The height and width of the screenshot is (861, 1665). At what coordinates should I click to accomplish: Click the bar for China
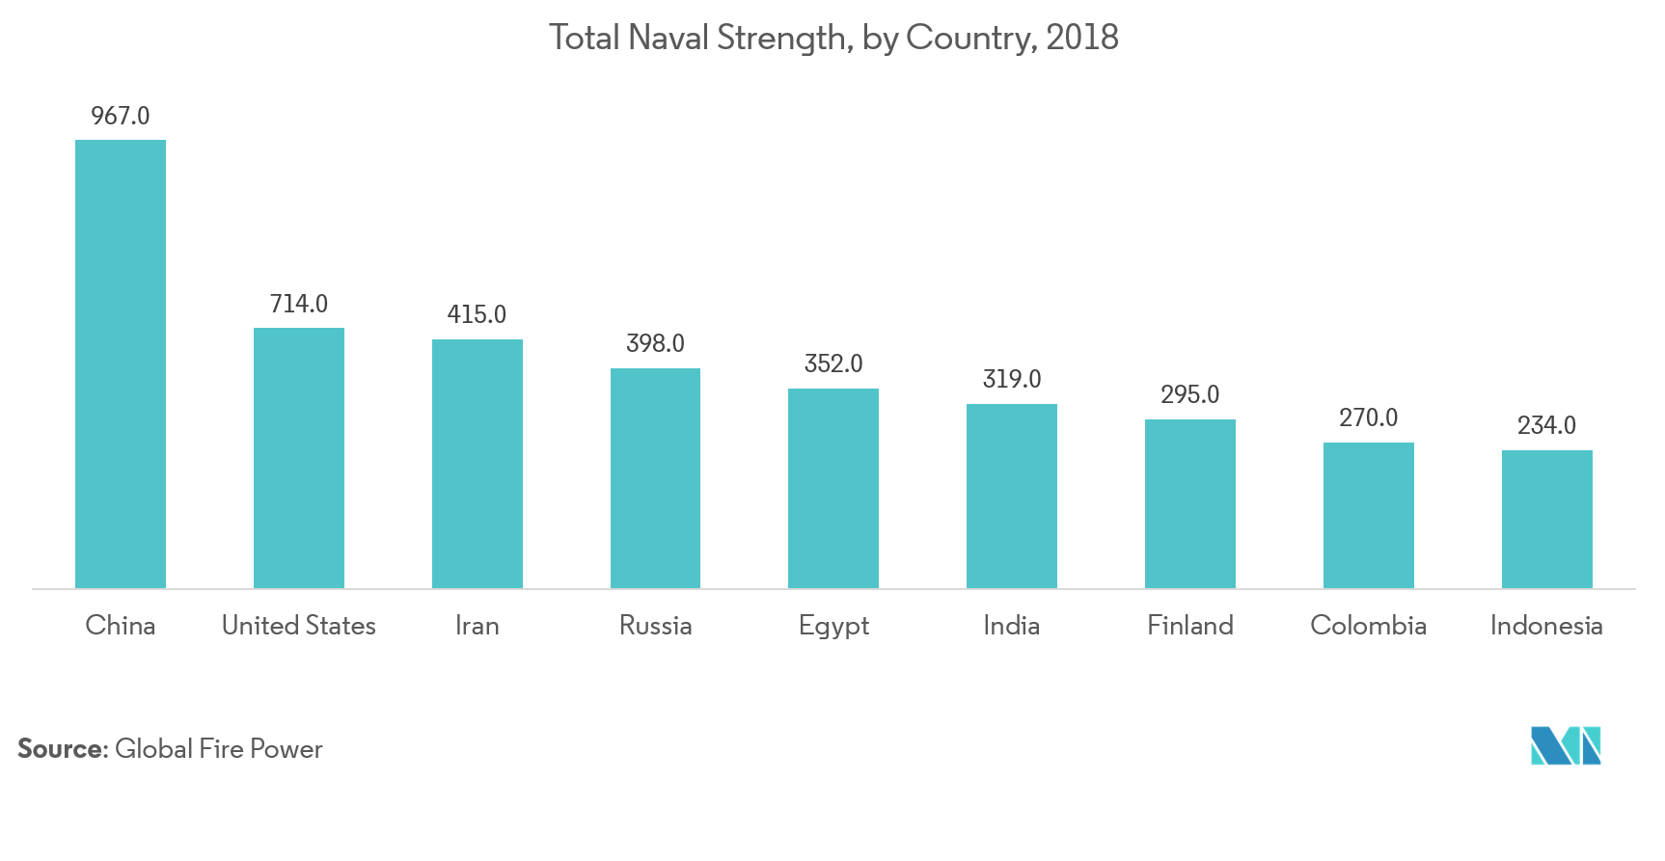click(x=121, y=364)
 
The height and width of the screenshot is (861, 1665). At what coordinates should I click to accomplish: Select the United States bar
click(x=299, y=458)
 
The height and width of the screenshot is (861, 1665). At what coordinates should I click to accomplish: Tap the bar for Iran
click(x=478, y=464)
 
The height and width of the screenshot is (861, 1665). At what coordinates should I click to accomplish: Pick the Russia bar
click(x=655, y=478)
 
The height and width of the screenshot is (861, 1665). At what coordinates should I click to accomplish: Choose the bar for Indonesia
click(x=1546, y=519)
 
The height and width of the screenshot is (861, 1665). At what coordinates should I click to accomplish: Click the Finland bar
click(x=1189, y=503)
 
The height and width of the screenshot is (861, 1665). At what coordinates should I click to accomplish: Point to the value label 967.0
click(x=121, y=117)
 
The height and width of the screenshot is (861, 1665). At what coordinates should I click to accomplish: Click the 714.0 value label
click(x=299, y=305)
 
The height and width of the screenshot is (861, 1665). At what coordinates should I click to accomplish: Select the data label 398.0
click(x=655, y=344)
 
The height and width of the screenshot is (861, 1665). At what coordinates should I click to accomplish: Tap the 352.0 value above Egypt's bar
click(x=833, y=364)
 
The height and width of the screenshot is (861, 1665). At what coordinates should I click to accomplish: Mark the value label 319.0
click(x=1012, y=380)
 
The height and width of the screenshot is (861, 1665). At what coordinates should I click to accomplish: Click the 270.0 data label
click(x=1368, y=418)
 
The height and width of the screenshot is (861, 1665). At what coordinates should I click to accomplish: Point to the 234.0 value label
click(x=1546, y=426)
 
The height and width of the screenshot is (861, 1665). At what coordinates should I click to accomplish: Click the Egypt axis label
click(x=833, y=627)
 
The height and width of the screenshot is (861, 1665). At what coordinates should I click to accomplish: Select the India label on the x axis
click(x=1011, y=626)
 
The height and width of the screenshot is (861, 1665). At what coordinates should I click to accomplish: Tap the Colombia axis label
click(x=1368, y=626)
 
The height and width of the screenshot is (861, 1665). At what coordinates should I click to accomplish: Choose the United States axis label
click(x=299, y=626)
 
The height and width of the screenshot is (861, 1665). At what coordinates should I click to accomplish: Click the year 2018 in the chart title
click(x=1082, y=38)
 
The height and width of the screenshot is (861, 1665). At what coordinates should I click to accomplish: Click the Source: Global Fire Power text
click(x=170, y=751)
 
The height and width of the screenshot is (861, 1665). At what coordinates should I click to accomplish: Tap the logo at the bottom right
click(x=1566, y=746)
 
